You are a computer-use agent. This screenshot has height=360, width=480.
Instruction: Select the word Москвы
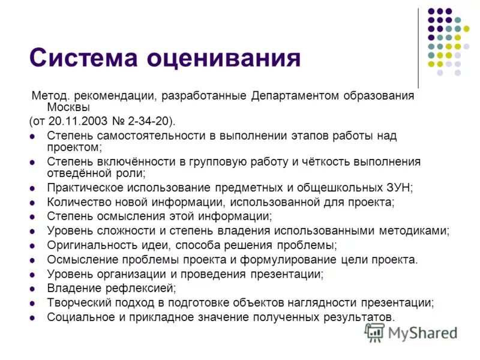click(68, 108)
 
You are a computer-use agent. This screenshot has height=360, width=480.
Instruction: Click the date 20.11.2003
click(87, 121)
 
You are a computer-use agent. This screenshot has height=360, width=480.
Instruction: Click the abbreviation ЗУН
click(399, 188)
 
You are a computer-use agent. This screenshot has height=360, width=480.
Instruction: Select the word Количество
click(76, 202)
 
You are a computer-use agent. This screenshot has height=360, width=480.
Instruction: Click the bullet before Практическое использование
click(32, 188)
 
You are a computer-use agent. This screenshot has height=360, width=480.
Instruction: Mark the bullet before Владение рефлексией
click(32, 289)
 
